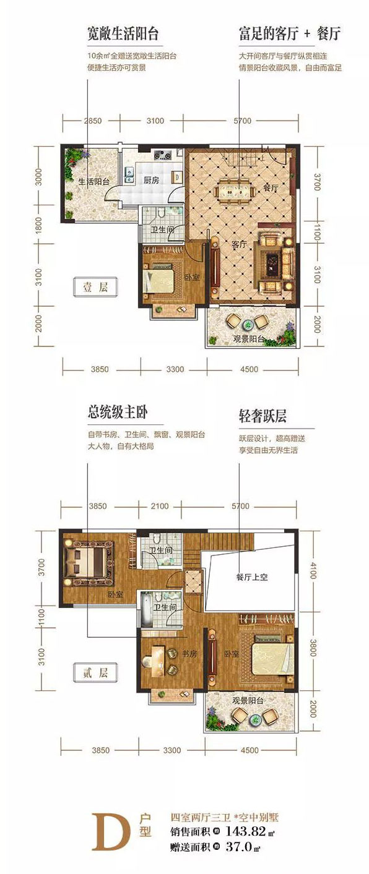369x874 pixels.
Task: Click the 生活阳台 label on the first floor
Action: coord(94,182)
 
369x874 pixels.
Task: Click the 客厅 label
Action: coord(240,244)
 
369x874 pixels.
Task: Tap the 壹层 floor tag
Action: coord(95,286)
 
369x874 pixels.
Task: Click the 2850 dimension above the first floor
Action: coord(92,121)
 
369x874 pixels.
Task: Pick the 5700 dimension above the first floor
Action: coord(243,121)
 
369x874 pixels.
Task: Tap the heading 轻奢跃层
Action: coord(263,415)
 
